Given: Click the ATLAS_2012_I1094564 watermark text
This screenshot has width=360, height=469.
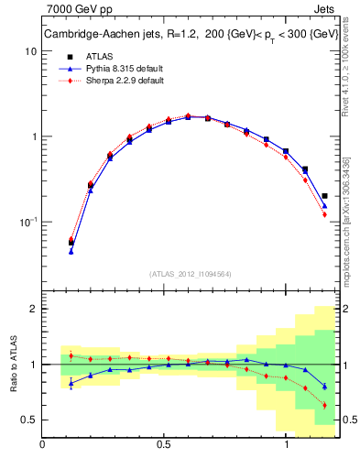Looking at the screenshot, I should [x=190, y=272].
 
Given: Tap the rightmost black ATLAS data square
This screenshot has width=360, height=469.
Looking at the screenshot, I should [x=324, y=195].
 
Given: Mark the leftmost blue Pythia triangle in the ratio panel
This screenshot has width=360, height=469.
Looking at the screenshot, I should [x=71, y=384].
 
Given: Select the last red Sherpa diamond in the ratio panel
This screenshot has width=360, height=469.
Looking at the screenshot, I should [x=324, y=405].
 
